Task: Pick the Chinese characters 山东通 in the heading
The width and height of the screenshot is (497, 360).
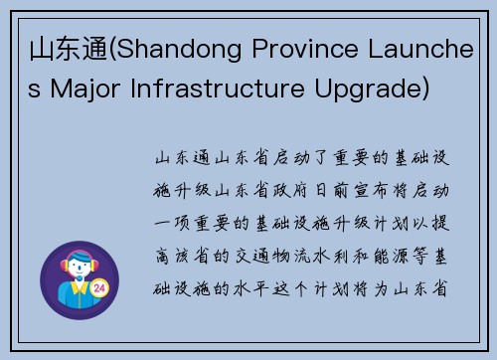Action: (x=57, y=52)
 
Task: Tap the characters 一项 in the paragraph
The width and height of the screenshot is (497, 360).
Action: (x=171, y=222)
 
